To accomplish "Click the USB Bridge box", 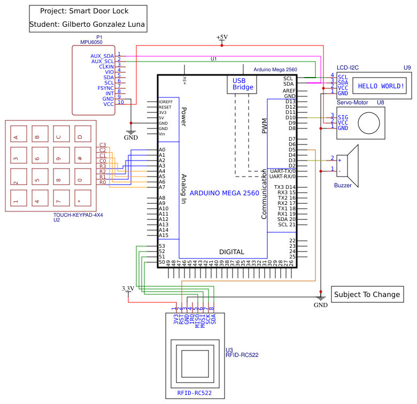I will pos(243,84).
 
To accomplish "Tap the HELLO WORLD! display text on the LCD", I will pos(381,86).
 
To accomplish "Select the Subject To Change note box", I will pos(367,294).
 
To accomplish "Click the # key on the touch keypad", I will pos(80,158).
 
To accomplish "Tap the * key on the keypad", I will pos(80,202).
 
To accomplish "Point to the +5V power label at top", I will pos(222,37).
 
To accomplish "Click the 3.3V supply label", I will pos(128,288).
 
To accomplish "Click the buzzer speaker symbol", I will pos(351,163).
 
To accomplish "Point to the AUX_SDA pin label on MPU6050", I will pos(102,56).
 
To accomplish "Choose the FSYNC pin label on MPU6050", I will pos(105,88).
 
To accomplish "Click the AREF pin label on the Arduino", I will pos(289,91).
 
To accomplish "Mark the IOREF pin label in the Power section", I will pos(165,102).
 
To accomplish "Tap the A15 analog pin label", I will pos(164,235).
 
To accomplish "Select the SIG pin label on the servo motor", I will pos(343,117).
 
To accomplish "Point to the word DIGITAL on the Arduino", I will pos(231,251).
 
